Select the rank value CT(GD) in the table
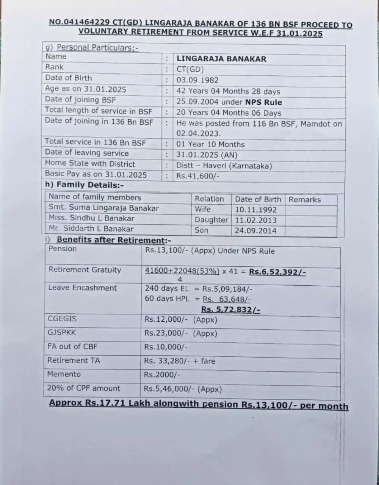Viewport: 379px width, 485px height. pyautogui.click(x=190, y=70)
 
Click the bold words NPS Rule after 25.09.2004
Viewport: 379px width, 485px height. pyautogui.click(x=263, y=102)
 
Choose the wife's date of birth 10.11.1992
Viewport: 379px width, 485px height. pyautogui.click(x=256, y=210)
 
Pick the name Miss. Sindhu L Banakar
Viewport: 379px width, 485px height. pyautogui.click(x=91, y=218)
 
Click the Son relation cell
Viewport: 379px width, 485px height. pyautogui.click(x=202, y=230)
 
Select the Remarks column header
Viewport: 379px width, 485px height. pyautogui.click(x=305, y=200)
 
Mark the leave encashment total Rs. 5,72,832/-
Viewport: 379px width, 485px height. pyautogui.click(x=230, y=310)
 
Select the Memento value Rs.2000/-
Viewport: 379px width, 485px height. pyautogui.click(x=162, y=375)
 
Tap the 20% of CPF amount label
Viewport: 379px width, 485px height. pyautogui.click(x=83, y=388)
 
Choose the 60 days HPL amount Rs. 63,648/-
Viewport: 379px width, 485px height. pyautogui.click(x=227, y=299)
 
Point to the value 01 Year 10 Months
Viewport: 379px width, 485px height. pyautogui.click(x=210, y=145)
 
